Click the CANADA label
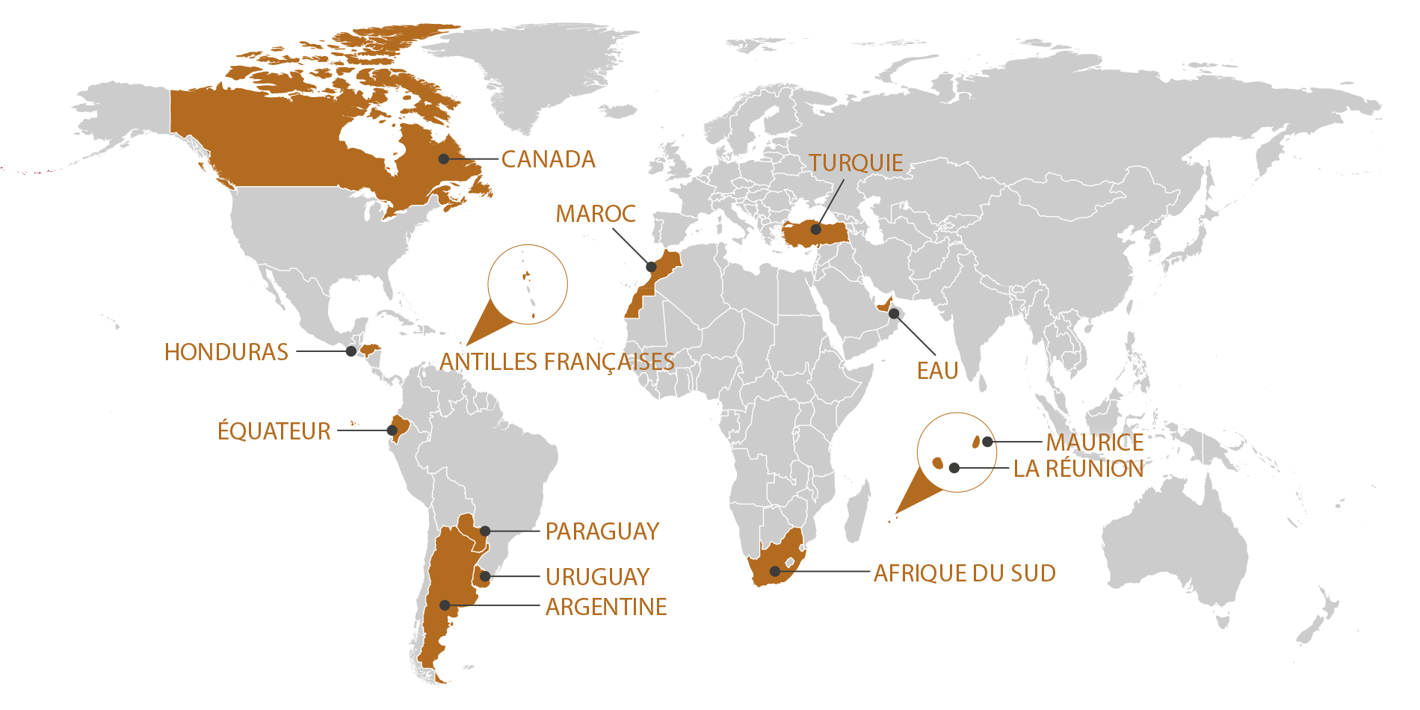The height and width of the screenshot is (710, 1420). click(548, 159)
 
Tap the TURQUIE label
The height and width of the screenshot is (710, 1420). click(856, 163)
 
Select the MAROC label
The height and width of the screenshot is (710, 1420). click(596, 214)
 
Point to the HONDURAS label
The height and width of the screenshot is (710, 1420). click(226, 352)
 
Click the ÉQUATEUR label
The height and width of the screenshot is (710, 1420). click(274, 431)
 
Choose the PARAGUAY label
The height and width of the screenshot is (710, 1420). click(602, 531)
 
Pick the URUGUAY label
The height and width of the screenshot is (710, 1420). click(598, 577)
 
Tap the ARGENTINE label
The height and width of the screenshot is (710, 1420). click(606, 607)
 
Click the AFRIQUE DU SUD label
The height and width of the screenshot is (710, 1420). click(965, 573)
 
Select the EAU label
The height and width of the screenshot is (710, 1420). click(937, 371)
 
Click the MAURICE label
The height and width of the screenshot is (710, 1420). click(1095, 442)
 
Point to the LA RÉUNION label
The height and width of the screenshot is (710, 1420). click(1078, 469)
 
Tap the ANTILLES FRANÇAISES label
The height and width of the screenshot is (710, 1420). click(557, 362)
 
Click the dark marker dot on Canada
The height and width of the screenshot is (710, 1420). click(444, 158)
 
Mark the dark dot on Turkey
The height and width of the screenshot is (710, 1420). click(816, 229)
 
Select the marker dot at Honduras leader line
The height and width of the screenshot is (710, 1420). click(351, 351)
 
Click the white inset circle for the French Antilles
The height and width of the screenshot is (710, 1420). click(528, 284)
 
